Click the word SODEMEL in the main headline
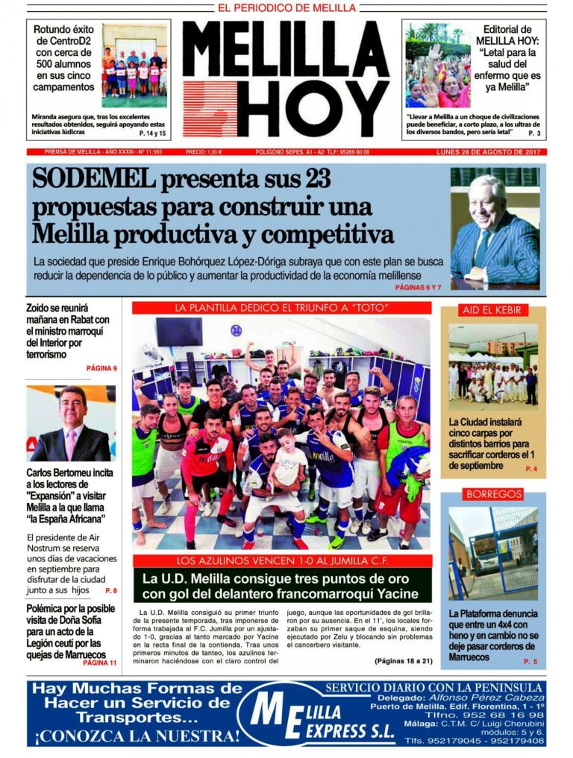click(x=93, y=180)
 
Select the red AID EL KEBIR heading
click(x=492, y=310)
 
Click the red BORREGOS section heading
click(x=492, y=494)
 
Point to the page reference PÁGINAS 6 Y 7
click(x=419, y=287)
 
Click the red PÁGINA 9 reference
click(x=101, y=368)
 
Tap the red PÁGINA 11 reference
click(x=100, y=663)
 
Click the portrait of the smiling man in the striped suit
click(x=494, y=228)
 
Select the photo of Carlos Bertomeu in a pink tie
click(x=71, y=424)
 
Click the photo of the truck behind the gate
click(x=492, y=551)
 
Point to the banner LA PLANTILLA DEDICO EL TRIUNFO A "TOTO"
click(x=281, y=308)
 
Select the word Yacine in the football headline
click(x=389, y=594)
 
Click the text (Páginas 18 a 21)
click(x=402, y=661)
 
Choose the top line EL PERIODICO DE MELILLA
click(x=286, y=8)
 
